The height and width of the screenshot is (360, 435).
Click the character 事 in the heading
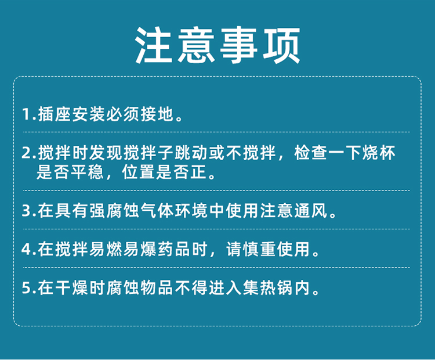239,45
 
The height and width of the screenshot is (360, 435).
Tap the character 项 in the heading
281,45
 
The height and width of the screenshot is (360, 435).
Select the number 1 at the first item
26,114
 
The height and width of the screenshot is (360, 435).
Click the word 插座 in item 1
55,114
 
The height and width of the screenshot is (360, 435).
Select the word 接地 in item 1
157,114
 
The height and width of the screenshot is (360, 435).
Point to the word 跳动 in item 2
191,153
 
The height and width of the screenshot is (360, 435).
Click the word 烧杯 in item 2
379,153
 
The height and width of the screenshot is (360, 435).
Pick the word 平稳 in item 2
88,172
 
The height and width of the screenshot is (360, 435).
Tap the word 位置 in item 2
139,172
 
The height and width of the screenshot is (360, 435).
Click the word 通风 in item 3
311,211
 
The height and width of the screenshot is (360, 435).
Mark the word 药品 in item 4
174,249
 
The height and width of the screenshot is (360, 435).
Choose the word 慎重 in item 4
259,249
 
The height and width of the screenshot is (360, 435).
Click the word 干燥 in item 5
71,288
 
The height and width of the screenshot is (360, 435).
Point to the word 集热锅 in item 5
268,288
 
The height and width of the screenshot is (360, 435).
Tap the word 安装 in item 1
89,114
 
